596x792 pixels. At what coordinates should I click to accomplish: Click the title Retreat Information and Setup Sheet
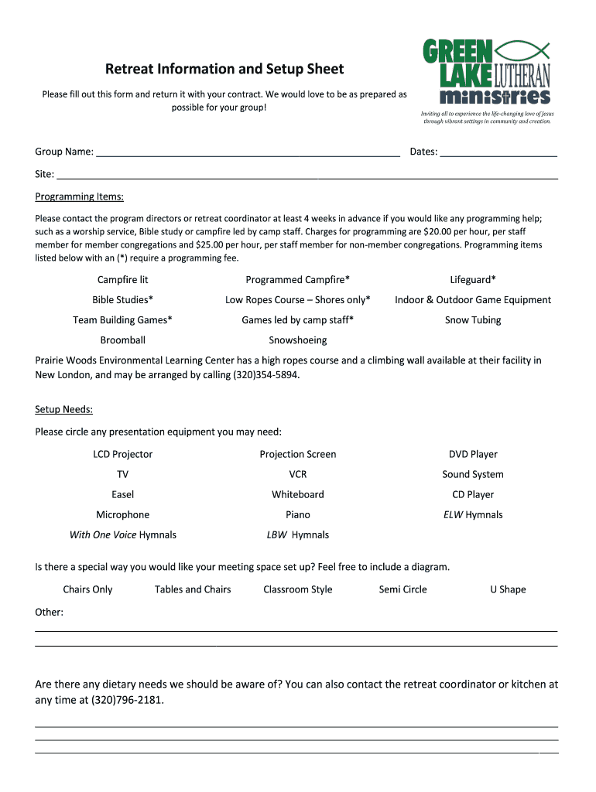click(224, 70)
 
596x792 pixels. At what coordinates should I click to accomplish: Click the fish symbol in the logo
click(522, 51)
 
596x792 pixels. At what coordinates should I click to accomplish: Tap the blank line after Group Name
click(247, 152)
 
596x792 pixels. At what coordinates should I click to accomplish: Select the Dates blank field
click(498, 152)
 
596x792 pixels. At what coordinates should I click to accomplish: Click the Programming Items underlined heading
click(79, 196)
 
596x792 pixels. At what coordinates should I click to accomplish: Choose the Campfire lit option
click(122, 280)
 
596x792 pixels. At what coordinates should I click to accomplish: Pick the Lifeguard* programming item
click(473, 280)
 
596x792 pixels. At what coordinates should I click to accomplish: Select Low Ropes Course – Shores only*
click(297, 300)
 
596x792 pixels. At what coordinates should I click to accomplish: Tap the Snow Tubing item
click(473, 320)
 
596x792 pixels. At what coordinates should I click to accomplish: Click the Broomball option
click(122, 340)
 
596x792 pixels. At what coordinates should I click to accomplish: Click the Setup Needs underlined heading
click(63, 410)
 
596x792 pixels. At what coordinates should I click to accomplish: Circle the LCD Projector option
click(122, 455)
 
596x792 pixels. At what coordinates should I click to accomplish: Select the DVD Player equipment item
click(473, 455)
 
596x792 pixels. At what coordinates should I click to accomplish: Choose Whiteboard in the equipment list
click(297, 495)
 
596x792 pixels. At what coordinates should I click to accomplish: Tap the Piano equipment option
click(297, 515)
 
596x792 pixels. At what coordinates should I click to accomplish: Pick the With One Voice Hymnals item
click(122, 535)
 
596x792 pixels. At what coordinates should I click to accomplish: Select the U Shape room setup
click(507, 589)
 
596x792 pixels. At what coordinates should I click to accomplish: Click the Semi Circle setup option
click(402, 589)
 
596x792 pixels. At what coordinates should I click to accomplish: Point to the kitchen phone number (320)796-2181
click(127, 701)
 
